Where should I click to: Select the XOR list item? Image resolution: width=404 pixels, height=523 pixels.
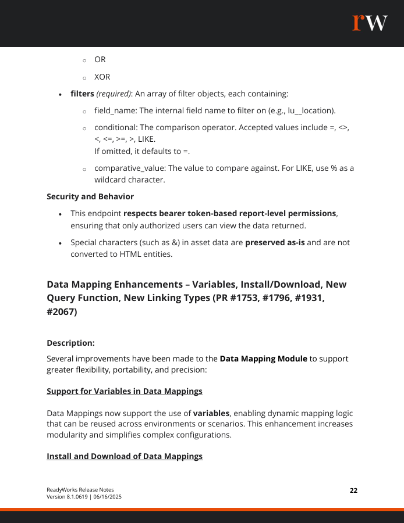tap(102, 77)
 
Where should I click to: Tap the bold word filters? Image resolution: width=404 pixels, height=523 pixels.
tap(82, 94)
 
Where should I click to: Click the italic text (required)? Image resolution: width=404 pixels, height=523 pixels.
tap(114, 94)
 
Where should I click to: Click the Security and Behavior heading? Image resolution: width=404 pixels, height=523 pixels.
tap(90, 196)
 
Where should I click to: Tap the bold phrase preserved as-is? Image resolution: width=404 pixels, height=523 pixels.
tap(275, 242)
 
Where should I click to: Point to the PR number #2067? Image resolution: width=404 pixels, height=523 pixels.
tap(63, 311)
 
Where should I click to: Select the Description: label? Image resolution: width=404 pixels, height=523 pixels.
tap(70, 343)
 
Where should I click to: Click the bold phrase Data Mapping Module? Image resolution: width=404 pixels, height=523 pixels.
tap(263, 359)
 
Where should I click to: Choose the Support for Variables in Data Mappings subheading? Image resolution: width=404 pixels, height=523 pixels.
tap(125, 391)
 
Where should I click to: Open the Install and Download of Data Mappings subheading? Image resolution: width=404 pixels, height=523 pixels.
tap(125, 456)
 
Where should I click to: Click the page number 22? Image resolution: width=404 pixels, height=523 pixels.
tap(353, 490)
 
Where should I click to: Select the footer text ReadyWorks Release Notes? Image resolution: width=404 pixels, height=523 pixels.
tap(80, 490)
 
